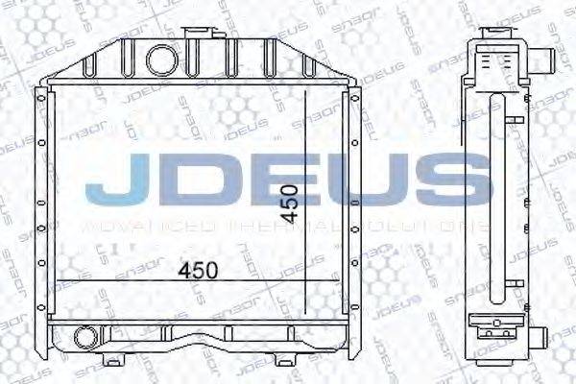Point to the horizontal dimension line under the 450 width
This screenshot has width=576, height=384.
click(192, 281)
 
